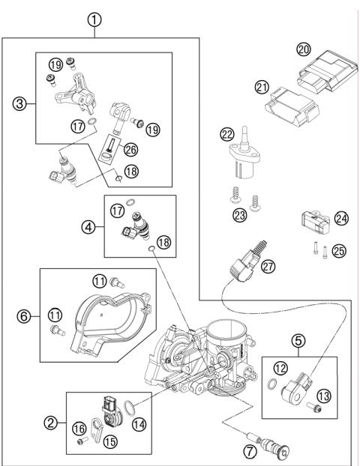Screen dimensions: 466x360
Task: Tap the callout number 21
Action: coord(262,88)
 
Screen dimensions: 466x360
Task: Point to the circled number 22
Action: coord(226,134)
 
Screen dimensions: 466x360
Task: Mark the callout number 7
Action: coord(250,451)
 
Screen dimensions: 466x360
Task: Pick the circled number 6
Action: coord(24,317)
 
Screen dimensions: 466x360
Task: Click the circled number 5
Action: coord(298,341)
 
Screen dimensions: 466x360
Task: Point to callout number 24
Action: coord(342,218)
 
